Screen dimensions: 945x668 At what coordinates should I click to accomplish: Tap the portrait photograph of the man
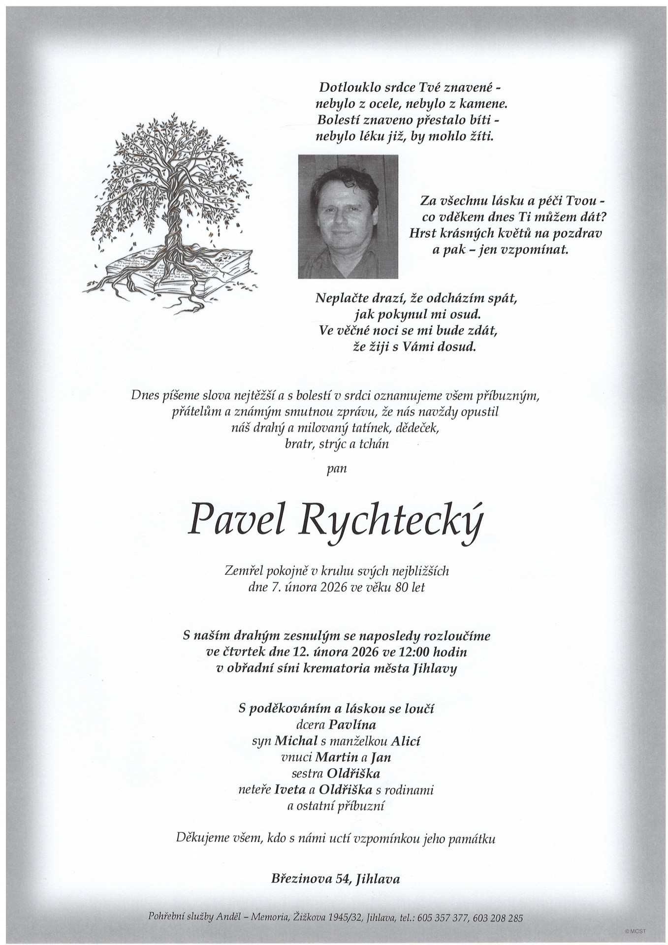(348, 217)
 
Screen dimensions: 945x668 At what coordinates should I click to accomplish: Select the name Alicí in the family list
(406, 741)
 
